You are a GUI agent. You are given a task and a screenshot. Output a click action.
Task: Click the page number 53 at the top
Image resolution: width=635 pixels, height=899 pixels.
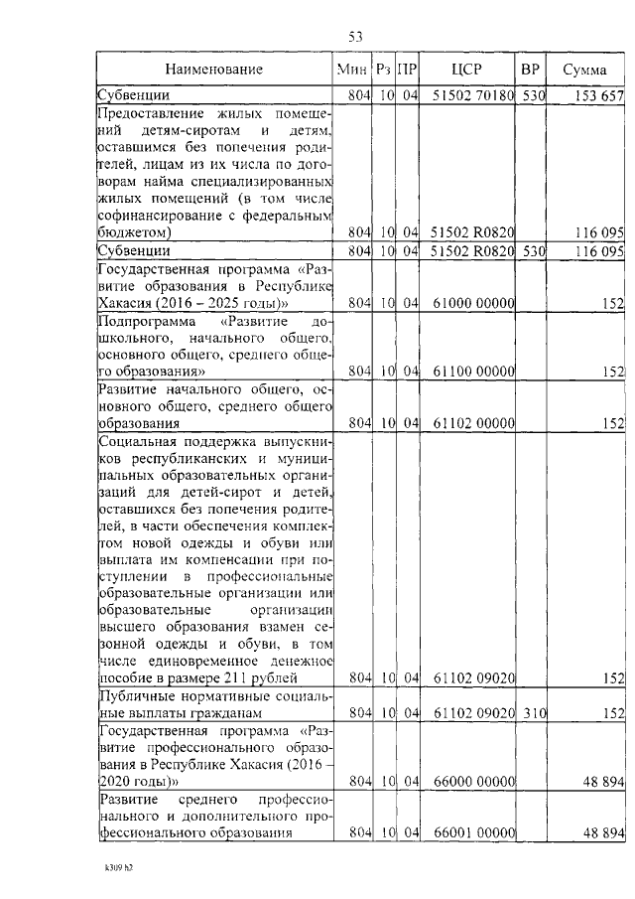click(354, 37)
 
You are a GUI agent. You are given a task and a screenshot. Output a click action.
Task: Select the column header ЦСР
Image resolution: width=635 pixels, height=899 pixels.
click(465, 70)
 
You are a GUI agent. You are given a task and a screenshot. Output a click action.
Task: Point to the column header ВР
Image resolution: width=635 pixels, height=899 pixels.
click(531, 70)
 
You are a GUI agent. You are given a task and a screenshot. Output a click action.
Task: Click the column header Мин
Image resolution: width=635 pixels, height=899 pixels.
click(352, 70)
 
